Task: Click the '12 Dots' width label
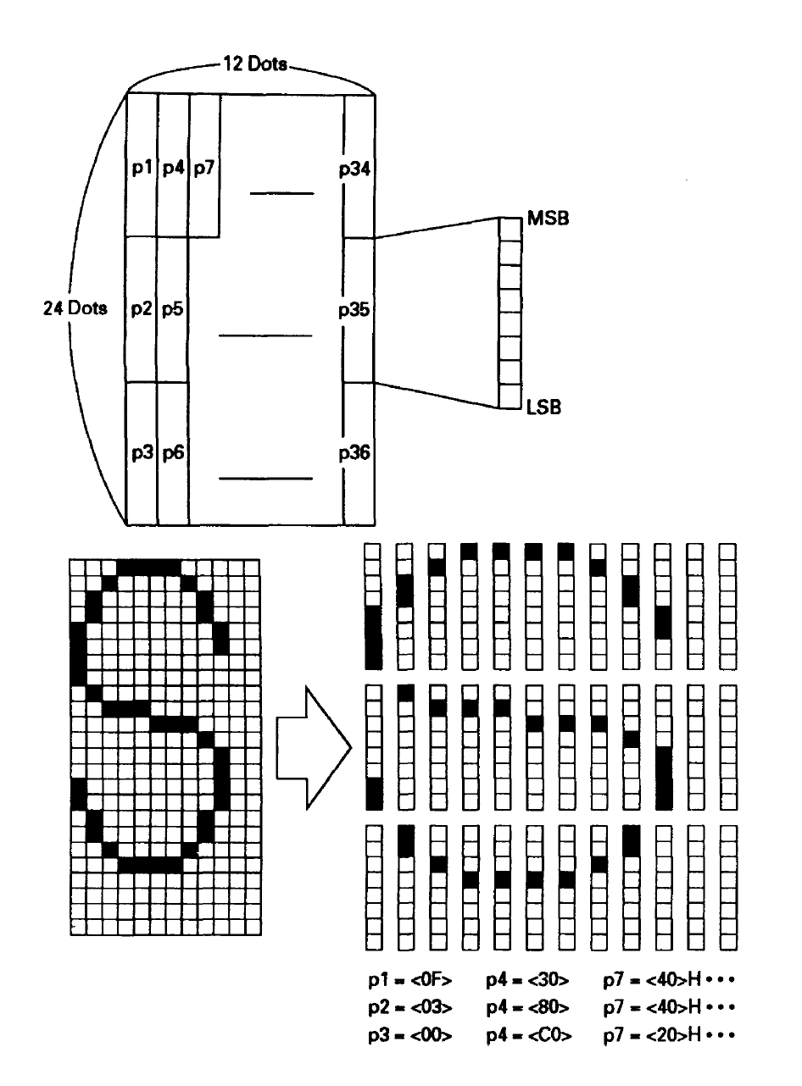point(255,64)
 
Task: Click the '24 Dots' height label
point(75,308)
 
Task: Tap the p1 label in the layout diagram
point(142,168)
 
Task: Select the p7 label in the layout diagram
point(204,168)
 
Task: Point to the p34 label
point(354,169)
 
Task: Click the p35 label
point(354,310)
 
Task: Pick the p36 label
point(354,453)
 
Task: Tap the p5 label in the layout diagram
point(173,309)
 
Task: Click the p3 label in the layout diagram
point(142,453)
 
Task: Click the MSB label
point(548,219)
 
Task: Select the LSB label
point(543,407)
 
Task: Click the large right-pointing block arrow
point(314,748)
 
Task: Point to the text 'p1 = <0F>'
point(409,980)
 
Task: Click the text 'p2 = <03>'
point(409,1008)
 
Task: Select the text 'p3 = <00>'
point(409,1035)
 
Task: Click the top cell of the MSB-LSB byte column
point(510,230)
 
